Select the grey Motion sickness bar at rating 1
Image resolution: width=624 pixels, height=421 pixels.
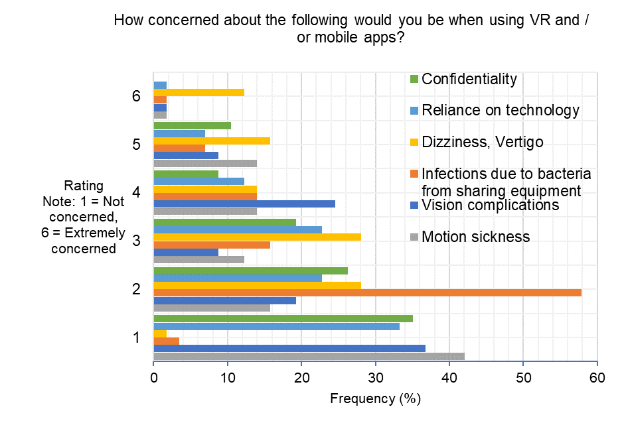309,356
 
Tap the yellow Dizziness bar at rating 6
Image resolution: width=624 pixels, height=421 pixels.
198,92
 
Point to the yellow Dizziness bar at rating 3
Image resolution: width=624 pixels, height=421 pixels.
257,237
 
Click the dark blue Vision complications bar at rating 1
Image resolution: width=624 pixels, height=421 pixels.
289,348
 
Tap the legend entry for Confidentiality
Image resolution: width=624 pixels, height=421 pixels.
469,79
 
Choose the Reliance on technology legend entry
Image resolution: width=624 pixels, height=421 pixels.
501,110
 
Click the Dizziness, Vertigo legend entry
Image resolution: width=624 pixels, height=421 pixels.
483,142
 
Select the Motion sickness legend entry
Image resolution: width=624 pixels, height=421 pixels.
475,237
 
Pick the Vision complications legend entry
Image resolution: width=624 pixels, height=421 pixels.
490,205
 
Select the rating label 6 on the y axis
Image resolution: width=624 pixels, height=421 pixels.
136,96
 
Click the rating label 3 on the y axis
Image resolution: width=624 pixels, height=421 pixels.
136,241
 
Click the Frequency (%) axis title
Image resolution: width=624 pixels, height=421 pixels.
375,400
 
